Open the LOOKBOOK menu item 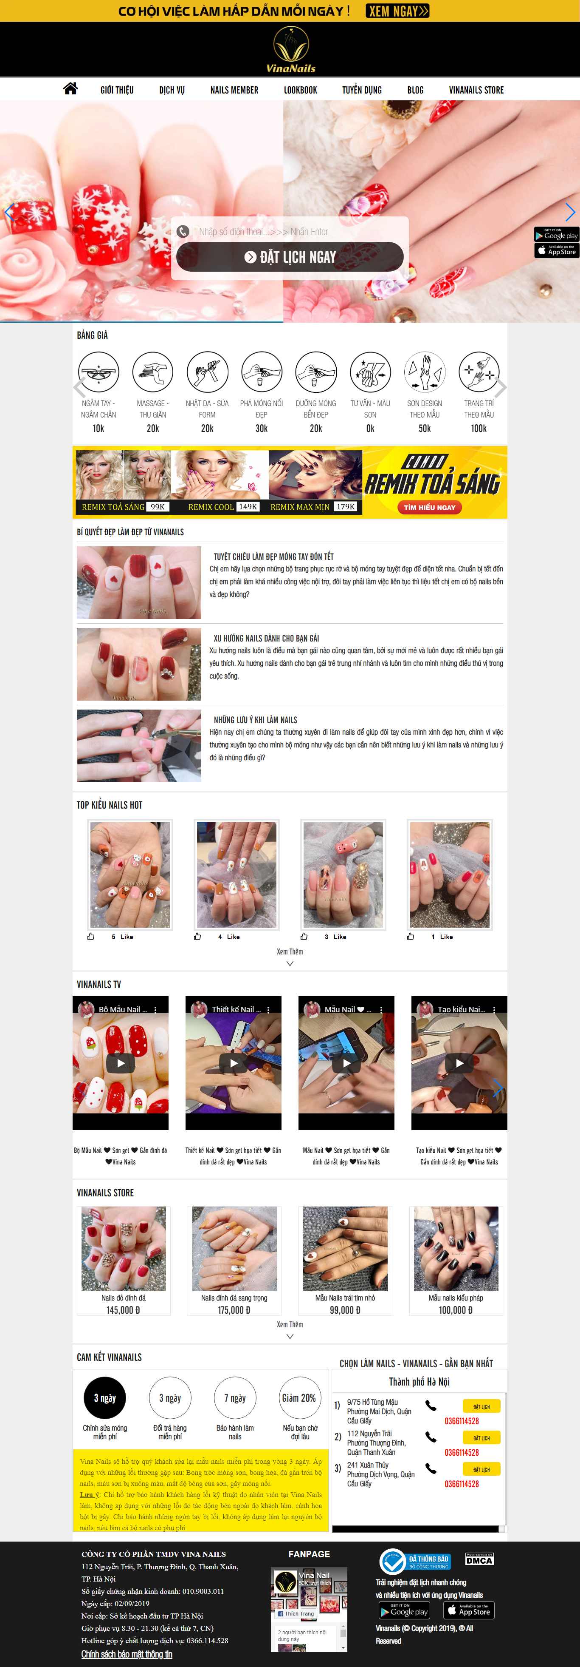click(300, 90)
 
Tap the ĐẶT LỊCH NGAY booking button click(290, 257)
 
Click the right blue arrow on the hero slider click(570, 212)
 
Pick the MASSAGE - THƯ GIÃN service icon click(152, 372)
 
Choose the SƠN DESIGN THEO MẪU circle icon click(424, 372)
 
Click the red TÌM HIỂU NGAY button click(429, 507)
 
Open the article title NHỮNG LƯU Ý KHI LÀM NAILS click(256, 720)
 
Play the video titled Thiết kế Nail click(234, 1062)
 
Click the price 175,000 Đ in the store click(234, 1310)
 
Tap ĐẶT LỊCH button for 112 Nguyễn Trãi click(481, 1437)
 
